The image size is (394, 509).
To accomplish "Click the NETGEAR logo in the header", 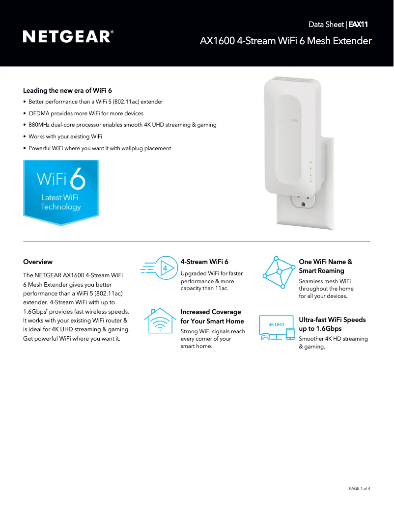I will coord(68,37).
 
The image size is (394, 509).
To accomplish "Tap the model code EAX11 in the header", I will coord(358,24).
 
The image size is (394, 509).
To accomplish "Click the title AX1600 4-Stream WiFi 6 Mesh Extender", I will coord(285,41).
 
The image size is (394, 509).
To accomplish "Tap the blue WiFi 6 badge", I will coord(61,192).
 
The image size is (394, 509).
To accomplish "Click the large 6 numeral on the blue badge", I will coord(78,180).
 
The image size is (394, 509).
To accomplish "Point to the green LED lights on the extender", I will coord(310,171).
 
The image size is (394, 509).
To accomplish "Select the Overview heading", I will coord(38,262).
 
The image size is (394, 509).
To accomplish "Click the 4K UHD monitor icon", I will coord(277,328).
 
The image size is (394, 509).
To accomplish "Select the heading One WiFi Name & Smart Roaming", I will coord(325,266).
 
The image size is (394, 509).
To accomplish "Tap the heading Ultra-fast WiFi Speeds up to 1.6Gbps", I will coord(332,324).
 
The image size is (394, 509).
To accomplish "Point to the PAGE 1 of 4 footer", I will coord(359,488).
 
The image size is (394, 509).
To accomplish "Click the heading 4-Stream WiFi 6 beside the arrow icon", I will coord(204,262).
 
